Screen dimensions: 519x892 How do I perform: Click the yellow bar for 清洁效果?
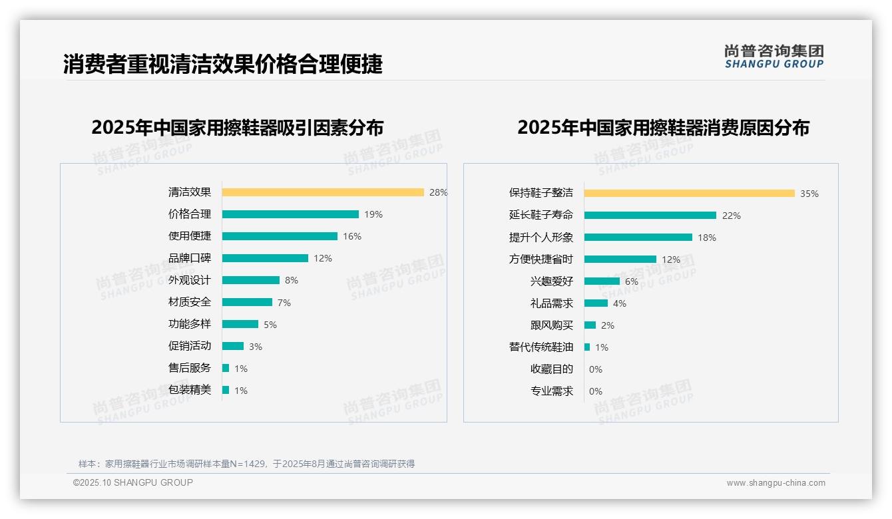click(323, 192)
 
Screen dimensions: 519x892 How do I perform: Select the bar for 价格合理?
click(290, 214)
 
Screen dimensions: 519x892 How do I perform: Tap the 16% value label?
click(352, 236)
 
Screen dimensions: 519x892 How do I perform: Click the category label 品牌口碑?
click(190, 258)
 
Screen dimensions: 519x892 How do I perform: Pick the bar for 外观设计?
click(251, 280)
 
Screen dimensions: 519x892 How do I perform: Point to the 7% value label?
click(284, 303)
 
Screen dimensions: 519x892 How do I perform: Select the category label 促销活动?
click(190, 346)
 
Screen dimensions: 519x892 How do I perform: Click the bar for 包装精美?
click(226, 390)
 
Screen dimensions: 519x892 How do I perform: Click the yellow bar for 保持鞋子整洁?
click(690, 194)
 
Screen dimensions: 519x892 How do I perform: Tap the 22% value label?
click(732, 216)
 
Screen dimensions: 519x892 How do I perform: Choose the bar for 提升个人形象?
click(638, 238)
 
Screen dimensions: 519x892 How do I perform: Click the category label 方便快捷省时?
click(541, 259)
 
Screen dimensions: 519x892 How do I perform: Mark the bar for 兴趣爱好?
click(602, 281)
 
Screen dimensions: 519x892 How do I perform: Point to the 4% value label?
click(620, 303)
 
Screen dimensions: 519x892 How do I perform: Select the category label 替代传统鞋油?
click(541, 347)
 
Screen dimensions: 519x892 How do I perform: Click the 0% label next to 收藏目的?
click(596, 369)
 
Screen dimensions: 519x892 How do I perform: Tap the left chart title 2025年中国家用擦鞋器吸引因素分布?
click(238, 128)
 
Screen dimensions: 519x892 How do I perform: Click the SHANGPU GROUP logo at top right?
click(774, 57)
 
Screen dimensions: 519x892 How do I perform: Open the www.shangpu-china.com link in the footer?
click(776, 483)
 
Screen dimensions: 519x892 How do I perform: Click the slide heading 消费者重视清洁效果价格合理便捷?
click(223, 65)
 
